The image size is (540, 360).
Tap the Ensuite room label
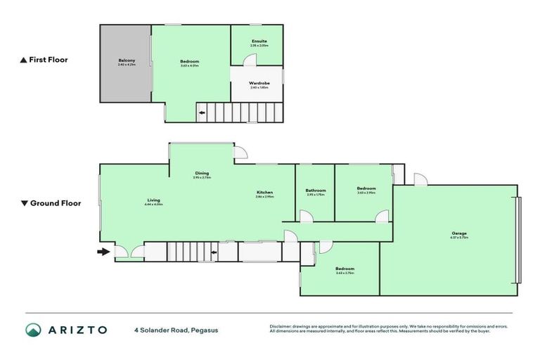click(259, 41)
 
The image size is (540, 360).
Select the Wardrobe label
click(259, 83)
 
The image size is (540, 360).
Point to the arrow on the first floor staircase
click(202, 112)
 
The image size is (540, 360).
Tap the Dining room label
click(202, 173)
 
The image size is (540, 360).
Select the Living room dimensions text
click(153, 205)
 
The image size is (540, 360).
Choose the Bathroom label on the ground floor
click(316, 191)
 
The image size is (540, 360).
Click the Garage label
click(459, 233)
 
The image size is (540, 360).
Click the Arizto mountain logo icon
click(33, 330)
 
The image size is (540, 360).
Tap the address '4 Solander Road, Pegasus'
click(176, 330)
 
